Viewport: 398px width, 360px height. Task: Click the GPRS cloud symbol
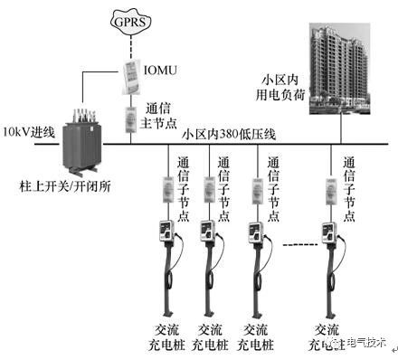click(x=130, y=19)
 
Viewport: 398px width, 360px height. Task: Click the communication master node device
click(x=131, y=120)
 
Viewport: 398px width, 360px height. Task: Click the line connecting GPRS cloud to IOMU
click(x=131, y=47)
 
